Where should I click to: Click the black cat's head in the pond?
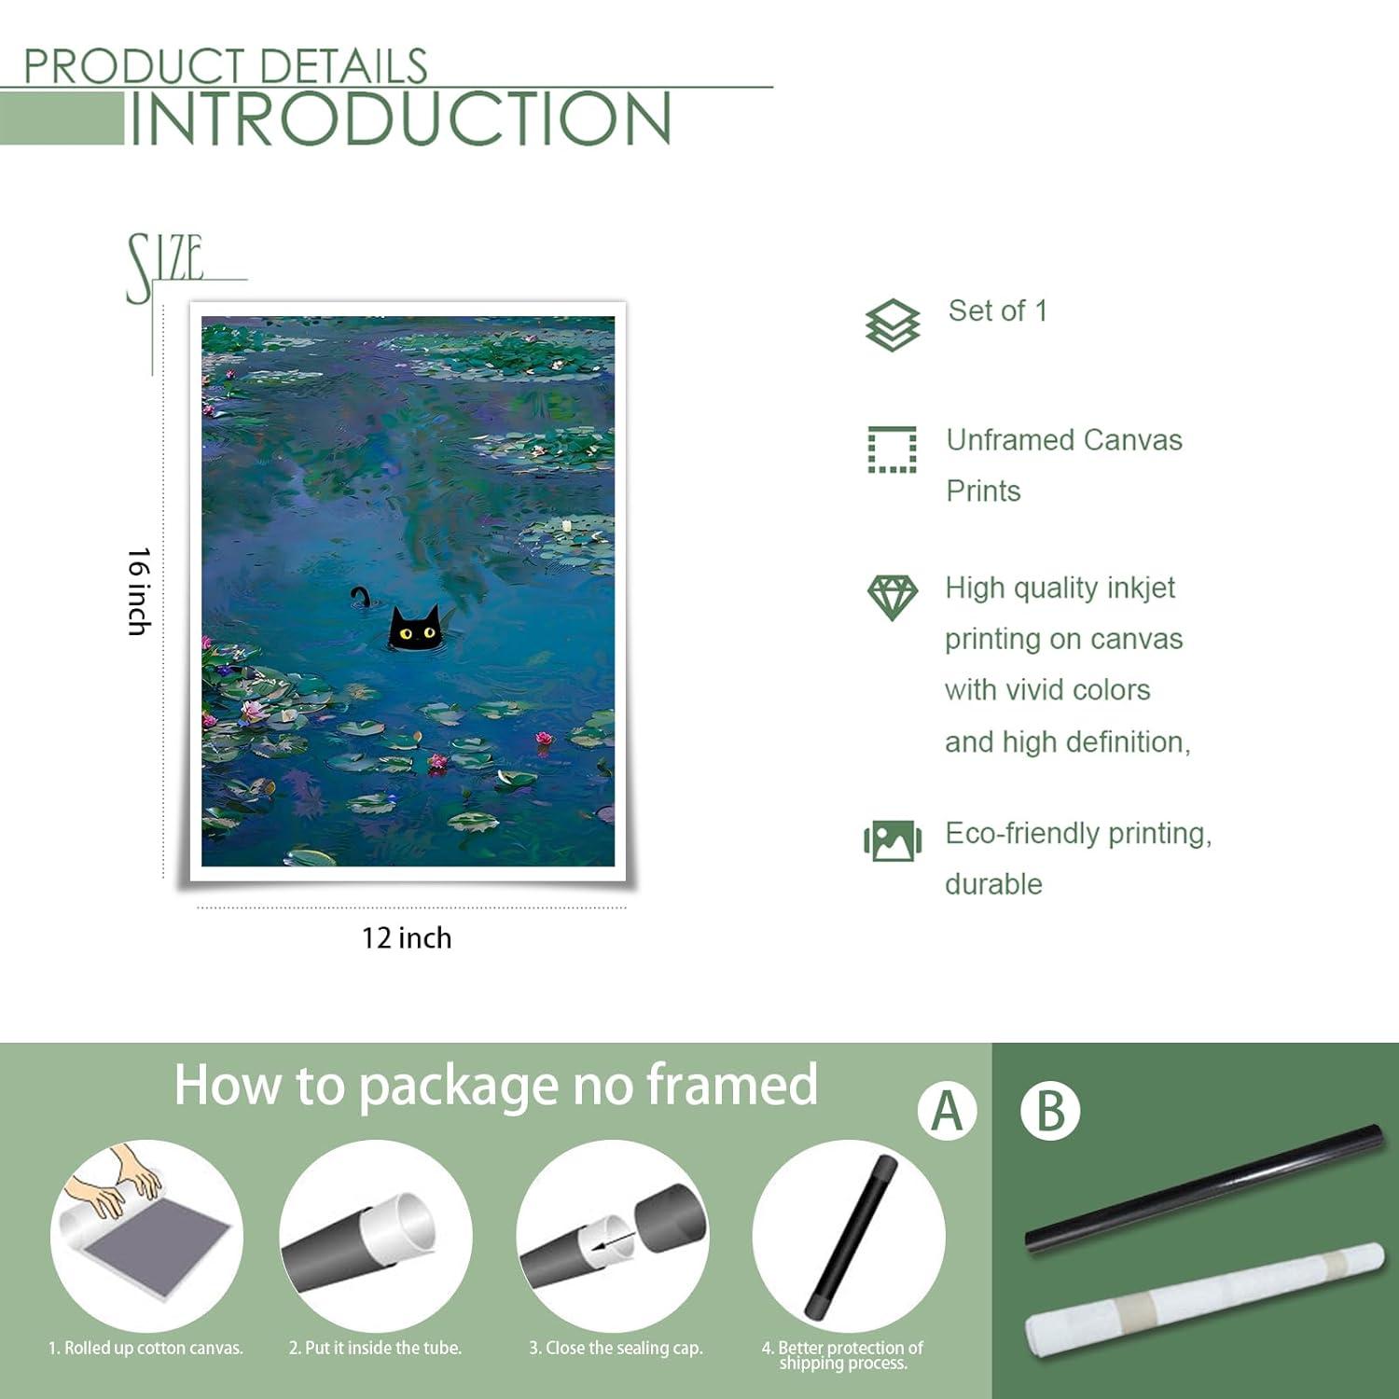point(415,629)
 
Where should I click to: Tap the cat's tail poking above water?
point(360,595)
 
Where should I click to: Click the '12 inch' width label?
point(407,937)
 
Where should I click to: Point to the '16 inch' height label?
point(139,592)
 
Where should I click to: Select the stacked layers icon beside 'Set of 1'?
point(893,325)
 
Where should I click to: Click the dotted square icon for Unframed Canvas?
point(893,450)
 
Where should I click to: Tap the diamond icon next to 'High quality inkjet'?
point(893,598)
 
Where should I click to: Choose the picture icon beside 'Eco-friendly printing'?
point(893,840)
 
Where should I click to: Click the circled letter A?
point(947,1111)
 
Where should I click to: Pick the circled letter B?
point(1050,1111)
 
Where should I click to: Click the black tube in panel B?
point(1204,1189)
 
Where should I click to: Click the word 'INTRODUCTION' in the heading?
point(400,118)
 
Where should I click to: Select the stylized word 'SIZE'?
point(165,267)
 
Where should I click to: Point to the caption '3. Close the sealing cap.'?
point(616,1348)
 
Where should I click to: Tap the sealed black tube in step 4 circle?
point(852,1235)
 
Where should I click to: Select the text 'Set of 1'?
point(998,311)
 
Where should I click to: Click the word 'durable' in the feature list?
point(993,884)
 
